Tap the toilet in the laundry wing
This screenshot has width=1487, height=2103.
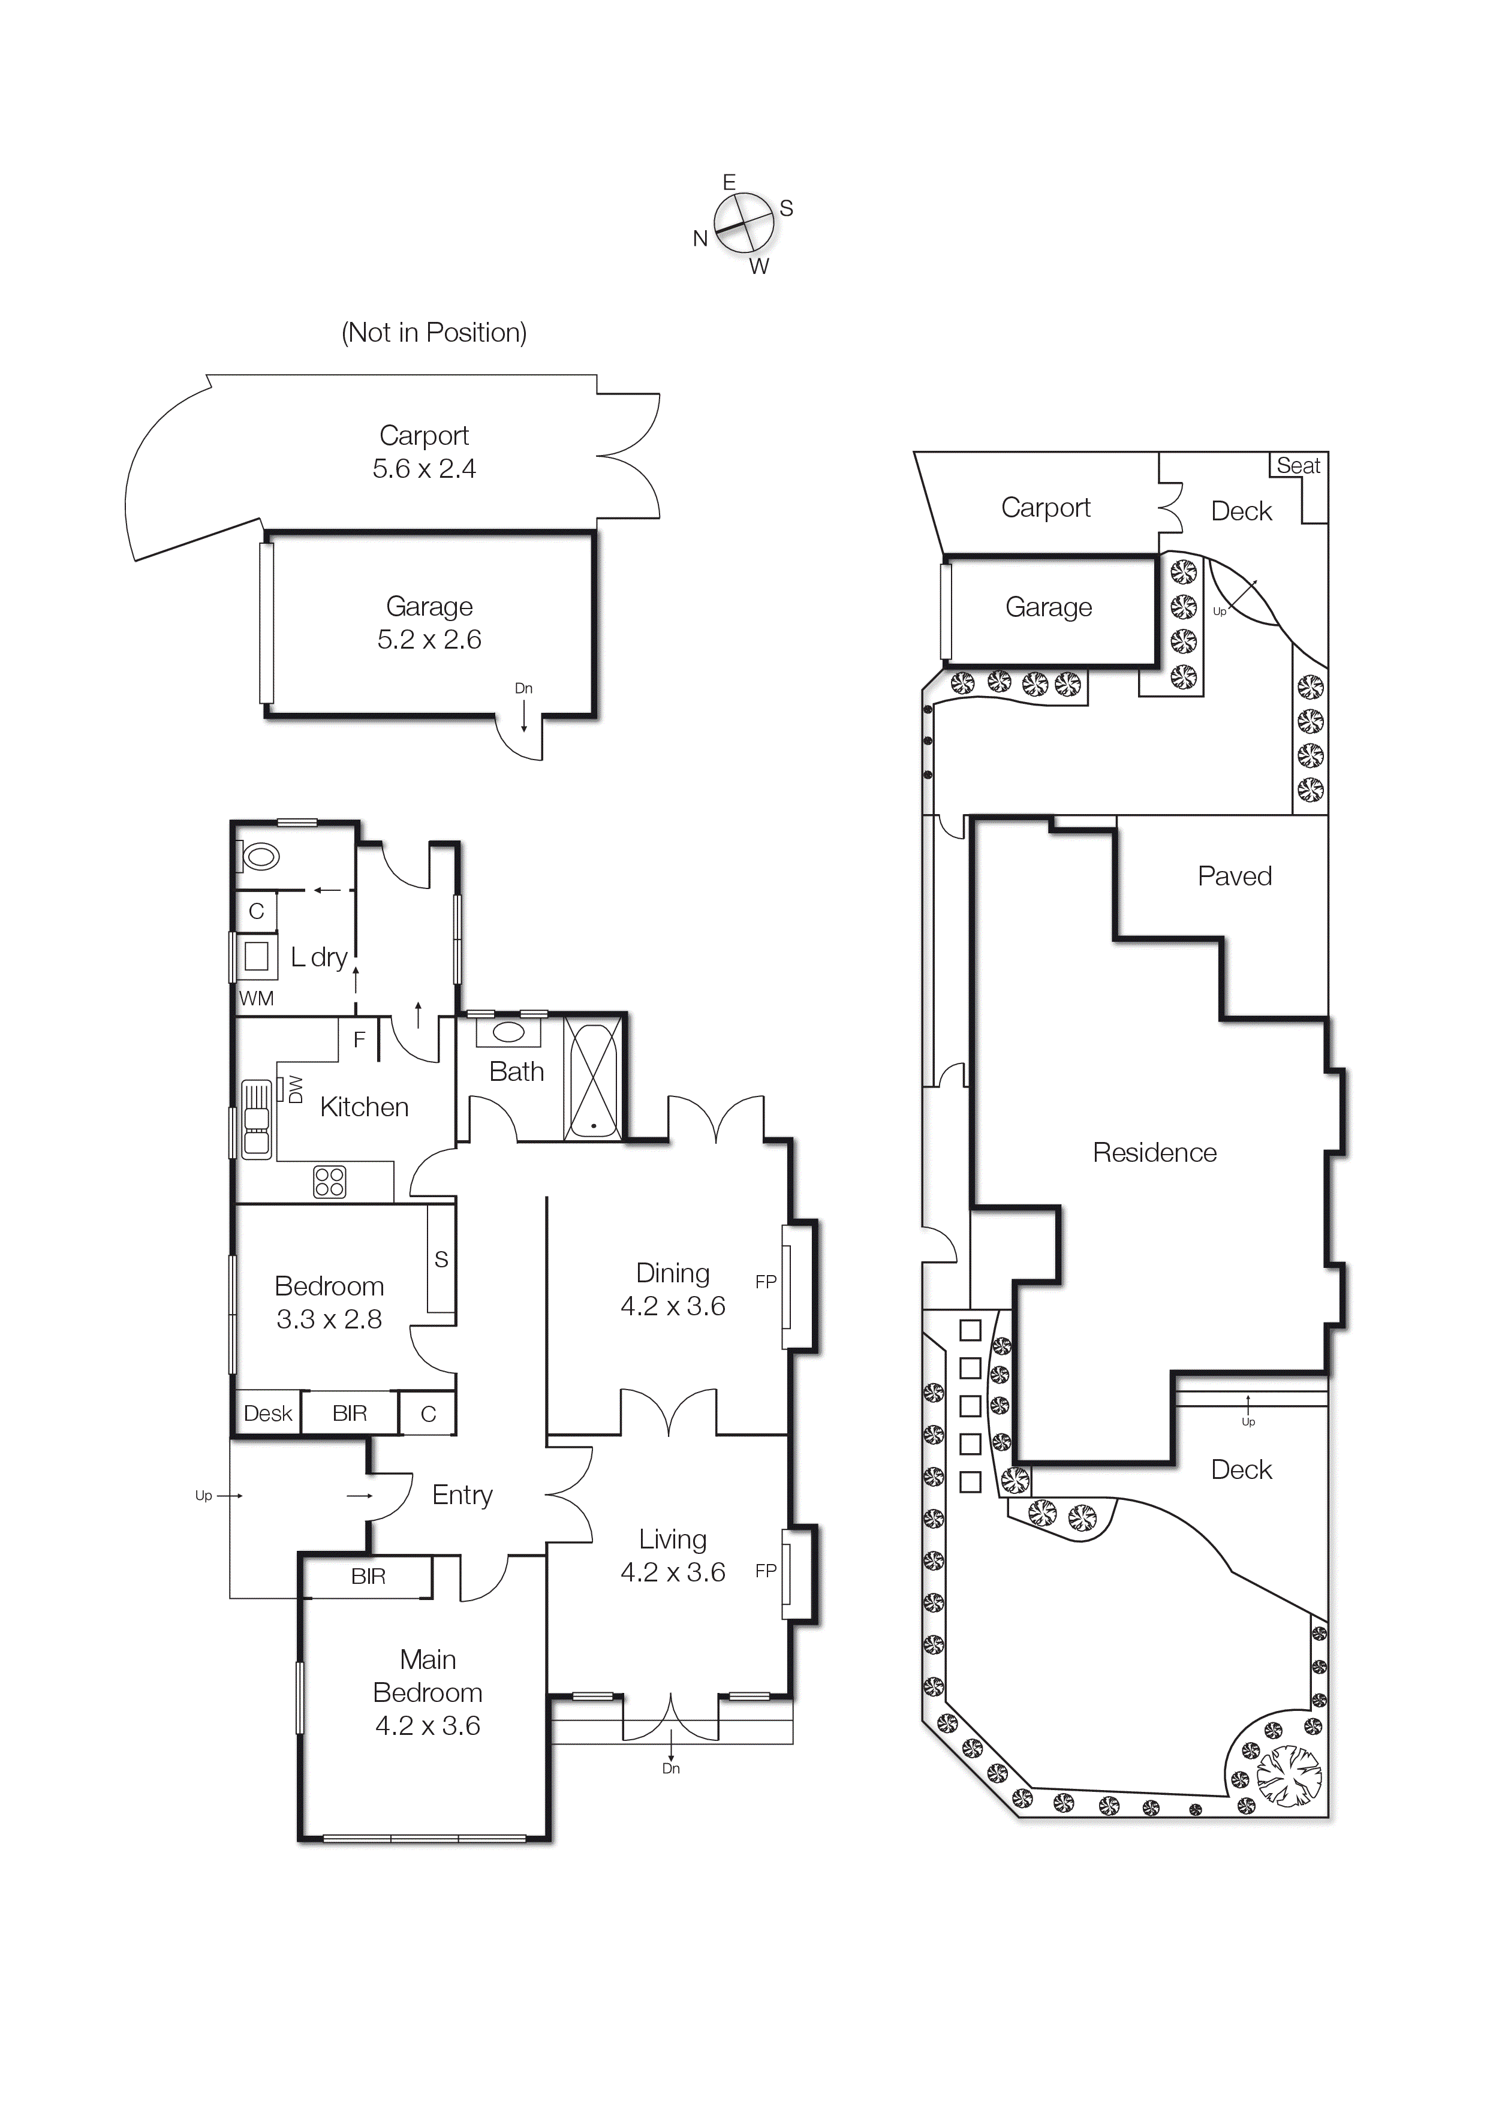(261, 857)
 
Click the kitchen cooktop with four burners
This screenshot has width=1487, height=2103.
(330, 1182)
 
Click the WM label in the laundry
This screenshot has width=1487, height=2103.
(255, 998)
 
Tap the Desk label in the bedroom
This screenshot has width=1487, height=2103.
(267, 1414)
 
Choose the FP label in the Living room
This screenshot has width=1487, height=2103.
(766, 1570)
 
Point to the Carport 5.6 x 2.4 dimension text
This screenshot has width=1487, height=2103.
(423, 469)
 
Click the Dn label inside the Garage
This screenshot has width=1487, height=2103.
(523, 688)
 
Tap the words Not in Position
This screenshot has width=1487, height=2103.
(434, 333)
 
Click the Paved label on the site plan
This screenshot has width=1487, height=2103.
(1234, 876)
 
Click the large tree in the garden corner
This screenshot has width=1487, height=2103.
(1288, 1776)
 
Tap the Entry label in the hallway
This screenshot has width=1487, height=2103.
(462, 1495)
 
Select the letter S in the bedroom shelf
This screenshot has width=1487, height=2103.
(441, 1260)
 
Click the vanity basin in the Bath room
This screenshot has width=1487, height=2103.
(508, 1033)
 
